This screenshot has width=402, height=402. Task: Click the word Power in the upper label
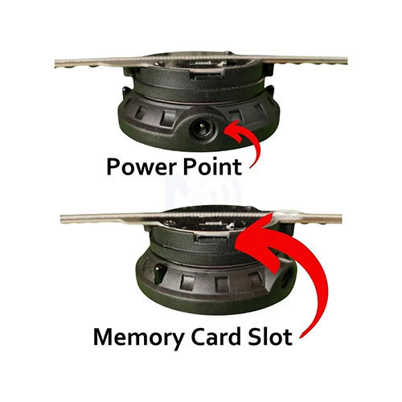click(142, 167)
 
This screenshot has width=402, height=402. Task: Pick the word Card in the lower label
click(215, 337)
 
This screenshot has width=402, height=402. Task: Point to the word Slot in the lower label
click(270, 337)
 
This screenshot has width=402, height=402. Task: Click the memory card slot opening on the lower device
click(212, 237)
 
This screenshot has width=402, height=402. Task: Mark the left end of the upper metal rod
click(55, 64)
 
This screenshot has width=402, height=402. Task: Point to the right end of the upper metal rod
click(346, 61)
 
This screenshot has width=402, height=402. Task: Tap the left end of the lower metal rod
click(62, 219)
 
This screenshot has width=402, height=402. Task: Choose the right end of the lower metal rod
click(341, 219)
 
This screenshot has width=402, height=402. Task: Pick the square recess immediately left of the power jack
click(168, 118)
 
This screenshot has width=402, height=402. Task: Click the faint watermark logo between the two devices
click(203, 191)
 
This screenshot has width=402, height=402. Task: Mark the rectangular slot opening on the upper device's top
click(207, 76)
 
